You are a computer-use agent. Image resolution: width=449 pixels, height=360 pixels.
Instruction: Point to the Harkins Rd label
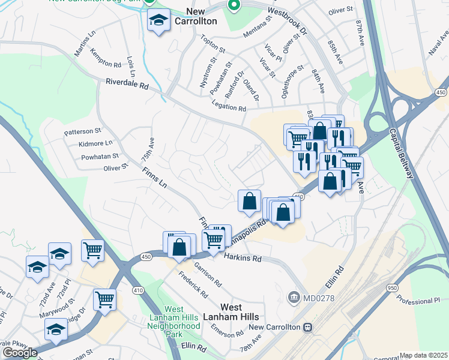tap(243, 258)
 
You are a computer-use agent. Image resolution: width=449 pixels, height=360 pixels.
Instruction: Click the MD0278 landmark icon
tap(294, 297)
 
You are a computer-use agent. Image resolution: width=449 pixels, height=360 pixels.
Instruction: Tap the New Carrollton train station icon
tap(307, 328)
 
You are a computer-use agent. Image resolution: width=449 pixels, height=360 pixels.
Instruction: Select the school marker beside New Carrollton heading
tap(158, 22)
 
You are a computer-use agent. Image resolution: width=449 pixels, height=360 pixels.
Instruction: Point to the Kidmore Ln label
tap(95, 143)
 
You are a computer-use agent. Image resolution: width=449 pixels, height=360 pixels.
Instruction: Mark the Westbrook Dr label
tap(286, 20)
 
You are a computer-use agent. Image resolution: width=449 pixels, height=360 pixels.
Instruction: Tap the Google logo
tap(19, 352)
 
